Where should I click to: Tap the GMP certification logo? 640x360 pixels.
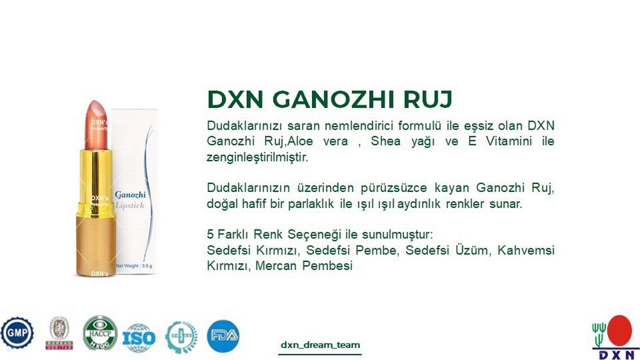click(x=16, y=333)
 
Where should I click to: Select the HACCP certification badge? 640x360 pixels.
click(x=100, y=333)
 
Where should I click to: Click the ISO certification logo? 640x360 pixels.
click(x=139, y=335)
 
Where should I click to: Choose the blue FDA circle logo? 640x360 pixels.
click(x=223, y=336)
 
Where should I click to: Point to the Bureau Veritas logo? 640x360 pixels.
click(x=59, y=333)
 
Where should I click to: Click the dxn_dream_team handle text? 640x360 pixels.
click(x=320, y=344)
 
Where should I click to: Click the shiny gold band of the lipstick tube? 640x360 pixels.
click(x=93, y=177)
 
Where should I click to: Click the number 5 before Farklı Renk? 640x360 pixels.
click(x=210, y=235)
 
